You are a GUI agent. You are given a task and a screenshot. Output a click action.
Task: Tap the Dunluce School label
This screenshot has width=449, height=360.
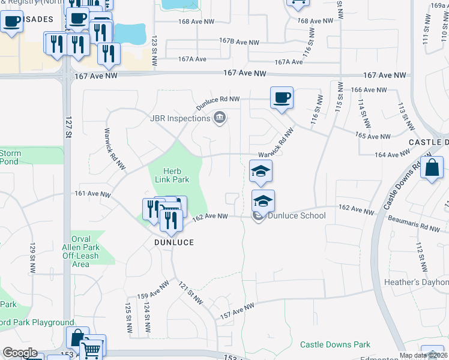click(297, 216)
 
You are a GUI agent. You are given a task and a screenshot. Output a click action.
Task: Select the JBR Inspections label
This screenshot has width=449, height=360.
click(180, 118)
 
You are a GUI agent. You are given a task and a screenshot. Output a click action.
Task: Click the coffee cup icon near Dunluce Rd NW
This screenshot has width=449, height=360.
click(281, 97)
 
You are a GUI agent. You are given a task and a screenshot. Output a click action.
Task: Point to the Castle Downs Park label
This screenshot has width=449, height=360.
click(335, 344)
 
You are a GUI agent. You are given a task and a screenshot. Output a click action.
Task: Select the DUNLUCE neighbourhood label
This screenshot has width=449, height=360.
click(173, 242)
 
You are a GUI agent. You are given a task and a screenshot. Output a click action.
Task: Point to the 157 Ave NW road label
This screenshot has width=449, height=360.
click(238, 310)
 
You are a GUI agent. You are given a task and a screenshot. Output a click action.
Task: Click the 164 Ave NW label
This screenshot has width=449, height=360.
click(391, 155)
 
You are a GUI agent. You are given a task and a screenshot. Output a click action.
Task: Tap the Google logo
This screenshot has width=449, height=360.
click(19, 353)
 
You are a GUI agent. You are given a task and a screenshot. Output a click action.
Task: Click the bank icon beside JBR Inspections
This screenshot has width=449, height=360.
click(219, 118)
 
